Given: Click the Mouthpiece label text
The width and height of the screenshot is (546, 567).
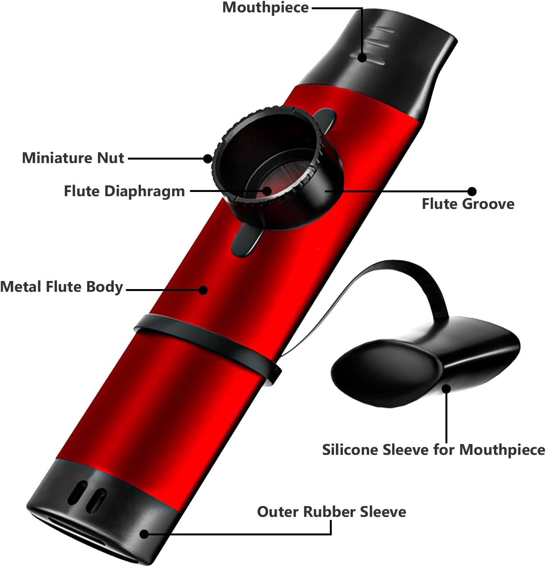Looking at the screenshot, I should (265, 8).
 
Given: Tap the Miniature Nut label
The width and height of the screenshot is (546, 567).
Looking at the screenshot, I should (73, 158).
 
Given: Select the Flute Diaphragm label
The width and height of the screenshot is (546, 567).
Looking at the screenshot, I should (124, 191).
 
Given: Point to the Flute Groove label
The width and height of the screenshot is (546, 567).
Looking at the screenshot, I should (468, 204).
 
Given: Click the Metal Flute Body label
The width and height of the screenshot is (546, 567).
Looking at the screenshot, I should (62, 287).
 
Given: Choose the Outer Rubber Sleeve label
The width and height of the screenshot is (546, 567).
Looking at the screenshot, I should (331, 512).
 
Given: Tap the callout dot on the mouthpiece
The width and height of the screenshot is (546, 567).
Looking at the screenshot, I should (362, 57).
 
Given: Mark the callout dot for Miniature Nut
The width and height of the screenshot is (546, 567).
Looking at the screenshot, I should (208, 158).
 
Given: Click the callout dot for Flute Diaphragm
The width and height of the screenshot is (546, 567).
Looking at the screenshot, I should (267, 190).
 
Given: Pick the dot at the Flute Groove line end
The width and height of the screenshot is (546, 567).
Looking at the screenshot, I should (472, 191).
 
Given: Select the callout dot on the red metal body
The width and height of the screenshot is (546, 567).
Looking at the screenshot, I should (203, 290).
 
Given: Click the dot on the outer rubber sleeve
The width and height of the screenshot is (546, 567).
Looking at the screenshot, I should (144, 534).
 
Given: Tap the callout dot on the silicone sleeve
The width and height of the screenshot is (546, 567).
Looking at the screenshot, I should (446, 389).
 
